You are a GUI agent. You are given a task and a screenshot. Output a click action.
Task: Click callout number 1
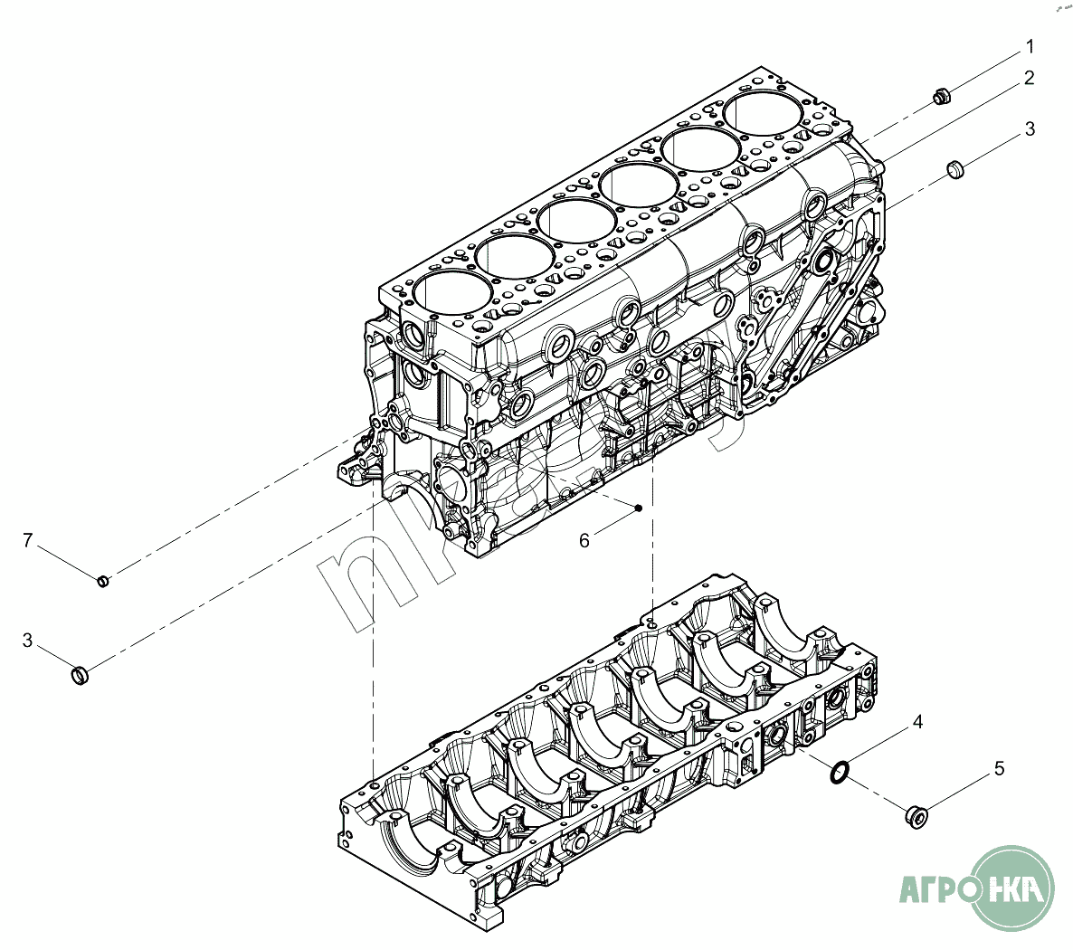click(x=1030, y=46)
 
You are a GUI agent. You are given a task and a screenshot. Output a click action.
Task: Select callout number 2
click(x=1030, y=78)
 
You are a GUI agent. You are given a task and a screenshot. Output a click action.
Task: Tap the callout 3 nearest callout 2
click(x=1030, y=129)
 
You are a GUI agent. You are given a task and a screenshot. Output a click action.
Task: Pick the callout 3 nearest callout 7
click(x=28, y=641)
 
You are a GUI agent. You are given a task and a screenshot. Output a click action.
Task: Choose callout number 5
click(x=999, y=769)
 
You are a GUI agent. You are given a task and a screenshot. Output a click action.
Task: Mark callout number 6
click(x=584, y=540)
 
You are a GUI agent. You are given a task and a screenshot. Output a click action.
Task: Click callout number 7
click(x=28, y=541)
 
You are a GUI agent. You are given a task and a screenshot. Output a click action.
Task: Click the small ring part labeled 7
click(x=103, y=580)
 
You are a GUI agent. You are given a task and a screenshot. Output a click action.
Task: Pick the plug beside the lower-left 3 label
click(x=81, y=675)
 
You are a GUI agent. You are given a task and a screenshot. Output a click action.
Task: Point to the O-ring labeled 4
click(x=840, y=773)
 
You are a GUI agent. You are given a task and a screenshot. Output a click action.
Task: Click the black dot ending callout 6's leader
click(x=639, y=507)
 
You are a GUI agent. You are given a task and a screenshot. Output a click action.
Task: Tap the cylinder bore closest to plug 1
click(x=762, y=112)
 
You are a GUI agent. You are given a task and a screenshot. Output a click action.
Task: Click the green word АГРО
click(x=937, y=889)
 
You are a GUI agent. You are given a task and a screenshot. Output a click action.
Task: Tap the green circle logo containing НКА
click(x=1019, y=888)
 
